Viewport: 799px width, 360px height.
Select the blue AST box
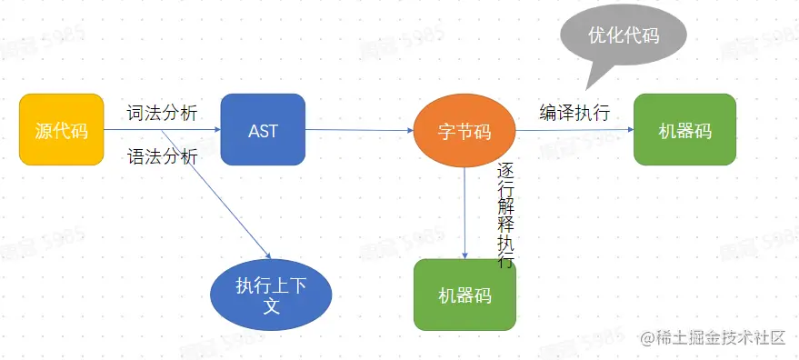click(x=263, y=131)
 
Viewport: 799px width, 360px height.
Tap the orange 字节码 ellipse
click(x=464, y=132)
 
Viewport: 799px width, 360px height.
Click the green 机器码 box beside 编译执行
click(x=684, y=131)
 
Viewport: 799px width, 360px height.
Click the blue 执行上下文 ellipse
click(x=271, y=295)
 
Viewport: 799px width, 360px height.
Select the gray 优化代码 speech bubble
click(x=623, y=36)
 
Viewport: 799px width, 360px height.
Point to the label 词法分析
click(x=162, y=113)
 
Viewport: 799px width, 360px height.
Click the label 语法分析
click(x=162, y=156)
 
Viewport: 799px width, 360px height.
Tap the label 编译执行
click(x=574, y=113)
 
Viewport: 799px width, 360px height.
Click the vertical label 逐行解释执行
click(x=505, y=215)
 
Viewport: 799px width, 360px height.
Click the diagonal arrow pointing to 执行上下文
click(x=218, y=195)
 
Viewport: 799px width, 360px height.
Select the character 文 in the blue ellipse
click(x=271, y=306)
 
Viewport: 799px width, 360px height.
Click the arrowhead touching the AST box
click(x=215, y=131)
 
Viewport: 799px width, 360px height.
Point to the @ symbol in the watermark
click(x=647, y=338)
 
